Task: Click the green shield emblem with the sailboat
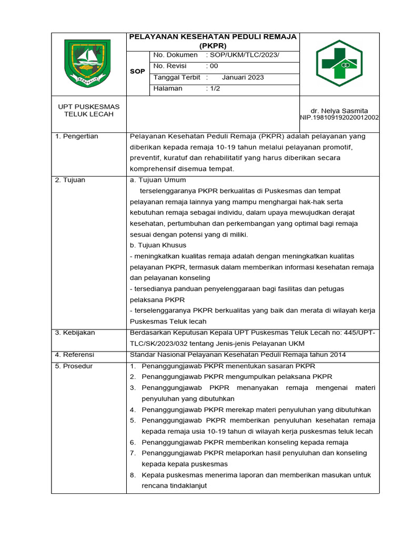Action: click(88, 63)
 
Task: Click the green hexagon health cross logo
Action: click(339, 64)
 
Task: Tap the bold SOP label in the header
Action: click(137, 71)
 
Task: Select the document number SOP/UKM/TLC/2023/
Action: click(245, 55)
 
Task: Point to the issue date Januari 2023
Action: click(243, 77)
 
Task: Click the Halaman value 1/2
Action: click(215, 88)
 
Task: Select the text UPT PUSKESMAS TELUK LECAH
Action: click(88, 110)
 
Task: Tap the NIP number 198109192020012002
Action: click(344, 118)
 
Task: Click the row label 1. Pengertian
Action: click(77, 136)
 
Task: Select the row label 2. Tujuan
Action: click(70, 180)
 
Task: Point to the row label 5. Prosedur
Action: click(74, 366)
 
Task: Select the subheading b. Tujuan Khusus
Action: click(158, 245)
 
